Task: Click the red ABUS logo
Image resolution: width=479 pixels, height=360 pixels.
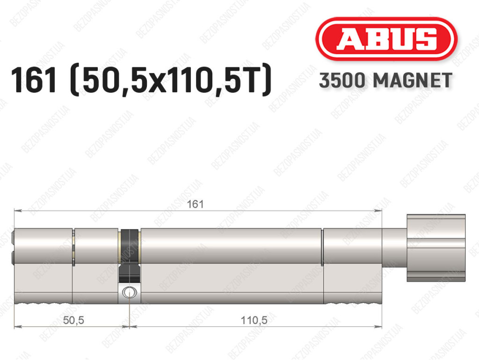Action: tap(386, 39)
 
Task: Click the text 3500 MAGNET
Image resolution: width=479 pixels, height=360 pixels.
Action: tap(385, 81)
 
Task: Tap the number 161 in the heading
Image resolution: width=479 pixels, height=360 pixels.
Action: tap(34, 80)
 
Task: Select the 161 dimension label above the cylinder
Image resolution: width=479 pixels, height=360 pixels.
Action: tap(195, 204)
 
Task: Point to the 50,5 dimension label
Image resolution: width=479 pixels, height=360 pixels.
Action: tap(73, 320)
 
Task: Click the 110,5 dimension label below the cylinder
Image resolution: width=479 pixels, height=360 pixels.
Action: tap(254, 320)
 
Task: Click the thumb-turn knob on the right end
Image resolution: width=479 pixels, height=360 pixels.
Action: tap(436, 248)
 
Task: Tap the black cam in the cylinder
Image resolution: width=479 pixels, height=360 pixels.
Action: tap(130, 256)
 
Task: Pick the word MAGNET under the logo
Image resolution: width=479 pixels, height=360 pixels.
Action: tap(413, 81)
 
